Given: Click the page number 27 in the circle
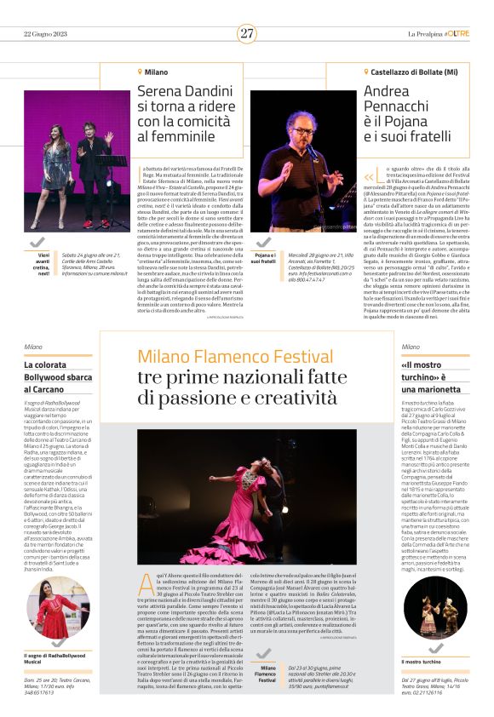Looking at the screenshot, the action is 247,33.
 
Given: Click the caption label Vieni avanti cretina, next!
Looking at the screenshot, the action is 42,261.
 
